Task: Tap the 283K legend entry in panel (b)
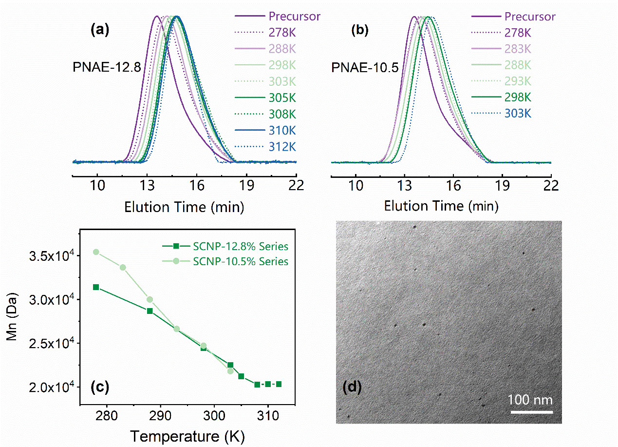(x=518, y=49)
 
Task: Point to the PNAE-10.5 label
(x=365, y=68)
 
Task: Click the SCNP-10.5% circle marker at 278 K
(x=96, y=252)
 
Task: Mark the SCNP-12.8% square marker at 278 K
(x=96, y=287)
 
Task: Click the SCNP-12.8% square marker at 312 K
(x=279, y=384)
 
